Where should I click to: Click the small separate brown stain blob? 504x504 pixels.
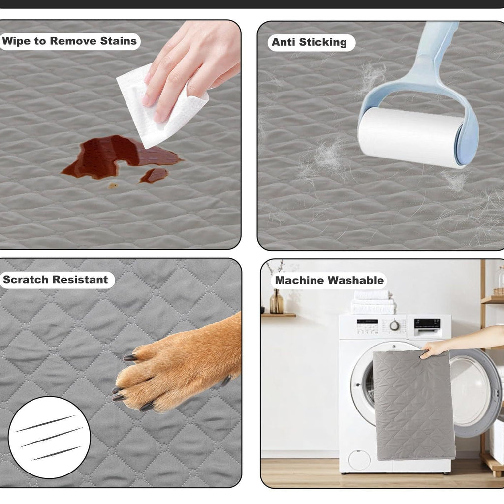154,175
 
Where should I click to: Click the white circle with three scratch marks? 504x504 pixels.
50,437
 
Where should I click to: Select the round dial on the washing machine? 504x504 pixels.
394,326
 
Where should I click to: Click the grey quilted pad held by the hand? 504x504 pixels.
413,405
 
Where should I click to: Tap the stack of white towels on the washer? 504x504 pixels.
373,302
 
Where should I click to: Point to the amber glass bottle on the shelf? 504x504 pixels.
277,301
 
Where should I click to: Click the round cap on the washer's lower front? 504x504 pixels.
359,460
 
